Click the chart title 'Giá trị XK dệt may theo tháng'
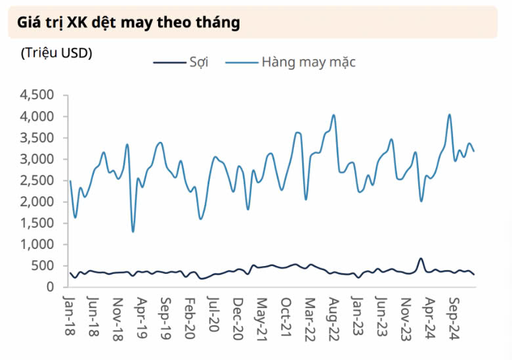pyautogui.click(x=128, y=23)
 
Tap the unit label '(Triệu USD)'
pyautogui.click(x=56, y=53)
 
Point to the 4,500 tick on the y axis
pyautogui.click(x=37, y=95)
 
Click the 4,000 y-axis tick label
pyautogui.click(x=37, y=116)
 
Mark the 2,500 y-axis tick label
pyautogui.click(x=37, y=180)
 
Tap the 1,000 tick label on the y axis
pyautogui.click(x=37, y=244)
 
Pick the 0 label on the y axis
pyautogui.click(x=50, y=287)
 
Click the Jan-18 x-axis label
pyautogui.click(x=69, y=315)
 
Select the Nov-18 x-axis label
pyautogui.click(x=117, y=319)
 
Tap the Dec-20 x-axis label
pyautogui.click(x=238, y=319)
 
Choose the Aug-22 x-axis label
pyautogui.click(x=333, y=319)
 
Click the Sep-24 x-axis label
pyautogui.click(x=454, y=319)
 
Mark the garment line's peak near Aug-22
pyautogui.click(x=333, y=115)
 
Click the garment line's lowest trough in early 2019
pyautogui.click(x=133, y=232)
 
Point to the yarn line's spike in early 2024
pyautogui.click(x=421, y=259)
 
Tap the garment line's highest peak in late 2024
pyautogui.click(x=450, y=114)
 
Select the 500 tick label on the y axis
pyautogui.click(x=43, y=265)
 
